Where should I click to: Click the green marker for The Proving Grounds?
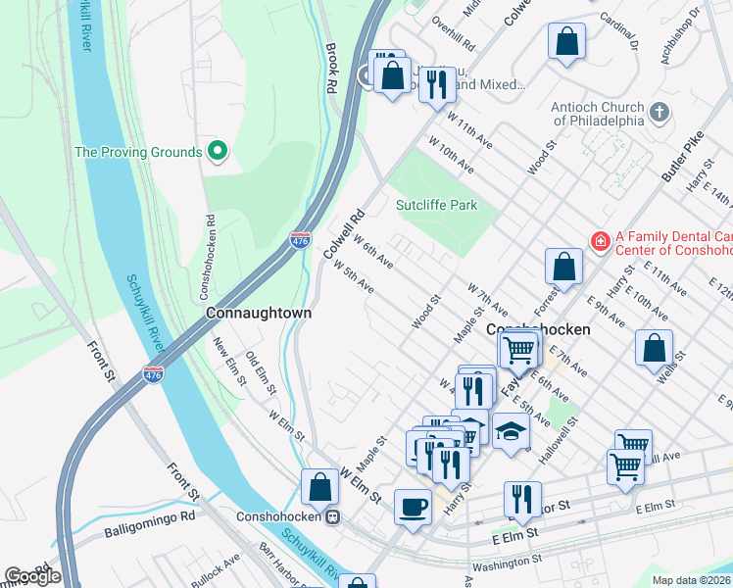[x=218, y=152]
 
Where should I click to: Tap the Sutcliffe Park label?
[x=435, y=206]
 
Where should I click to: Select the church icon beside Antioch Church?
[x=660, y=113]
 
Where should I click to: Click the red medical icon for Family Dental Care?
[x=598, y=238]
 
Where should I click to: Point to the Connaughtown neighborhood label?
[x=259, y=313]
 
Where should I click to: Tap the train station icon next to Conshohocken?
[x=333, y=516]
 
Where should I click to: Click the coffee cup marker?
[x=412, y=507]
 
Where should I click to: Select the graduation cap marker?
[x=511, y=430]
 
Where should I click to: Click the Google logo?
[x=32, y=576]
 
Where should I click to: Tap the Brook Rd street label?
[x=330, y=68]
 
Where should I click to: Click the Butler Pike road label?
[x=683, y=158]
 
